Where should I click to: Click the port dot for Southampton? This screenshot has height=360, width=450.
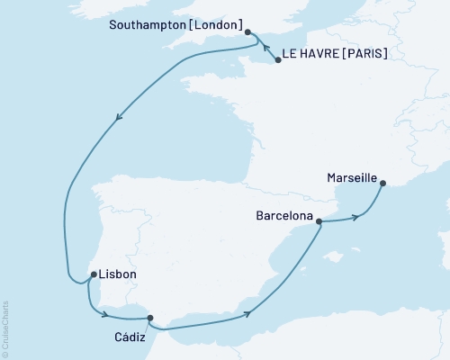pos(247,31)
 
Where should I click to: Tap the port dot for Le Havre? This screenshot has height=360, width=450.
pos(276,59)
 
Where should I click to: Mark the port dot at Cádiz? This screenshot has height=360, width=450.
pos(150,318)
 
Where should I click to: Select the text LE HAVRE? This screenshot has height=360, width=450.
pos(310,55)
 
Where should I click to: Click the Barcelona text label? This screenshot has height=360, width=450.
pos(284,217)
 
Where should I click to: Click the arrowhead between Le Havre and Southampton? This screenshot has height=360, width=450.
pos(268,49)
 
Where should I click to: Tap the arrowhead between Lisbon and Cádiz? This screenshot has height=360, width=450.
pos(107,314)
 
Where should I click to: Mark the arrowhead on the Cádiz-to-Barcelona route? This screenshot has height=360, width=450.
pos(246,314)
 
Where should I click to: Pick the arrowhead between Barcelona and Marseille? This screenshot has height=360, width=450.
pos(357,217)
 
